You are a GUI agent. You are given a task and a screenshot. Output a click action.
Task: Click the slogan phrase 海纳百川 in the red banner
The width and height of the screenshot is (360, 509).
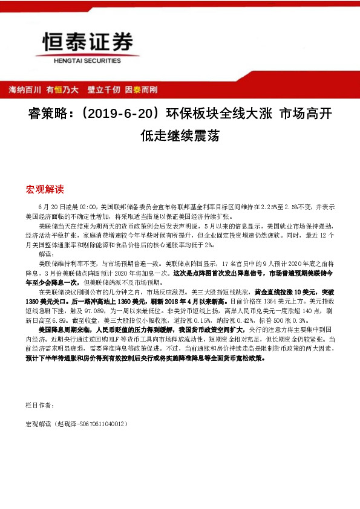pos(24,89)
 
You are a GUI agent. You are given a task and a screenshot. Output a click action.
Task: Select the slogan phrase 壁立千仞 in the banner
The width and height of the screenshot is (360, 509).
pos(103,89)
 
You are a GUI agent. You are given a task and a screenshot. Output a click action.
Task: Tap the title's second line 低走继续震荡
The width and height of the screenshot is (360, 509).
pos(179,135)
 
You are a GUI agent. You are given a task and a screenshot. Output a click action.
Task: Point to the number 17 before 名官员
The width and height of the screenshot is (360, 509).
pos(226,264)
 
